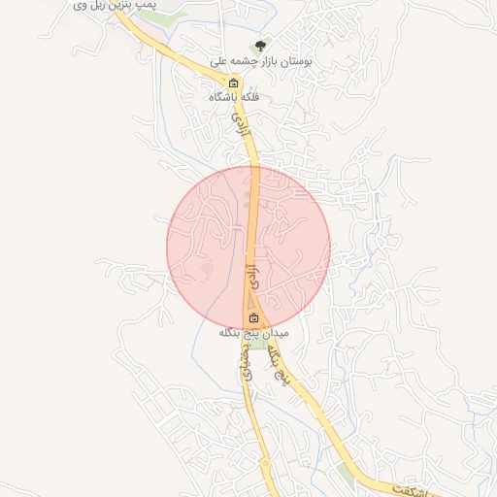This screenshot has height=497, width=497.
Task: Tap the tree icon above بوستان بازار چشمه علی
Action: click(260, 45)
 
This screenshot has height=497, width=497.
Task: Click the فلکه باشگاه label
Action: click(233, 97)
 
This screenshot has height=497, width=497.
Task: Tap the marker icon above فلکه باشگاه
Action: click(233, 82)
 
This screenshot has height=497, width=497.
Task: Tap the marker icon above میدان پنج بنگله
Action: click(253, 317)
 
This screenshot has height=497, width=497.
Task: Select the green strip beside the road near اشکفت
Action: click(349, 476)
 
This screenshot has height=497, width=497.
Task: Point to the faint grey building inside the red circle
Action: click(204, 267)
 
